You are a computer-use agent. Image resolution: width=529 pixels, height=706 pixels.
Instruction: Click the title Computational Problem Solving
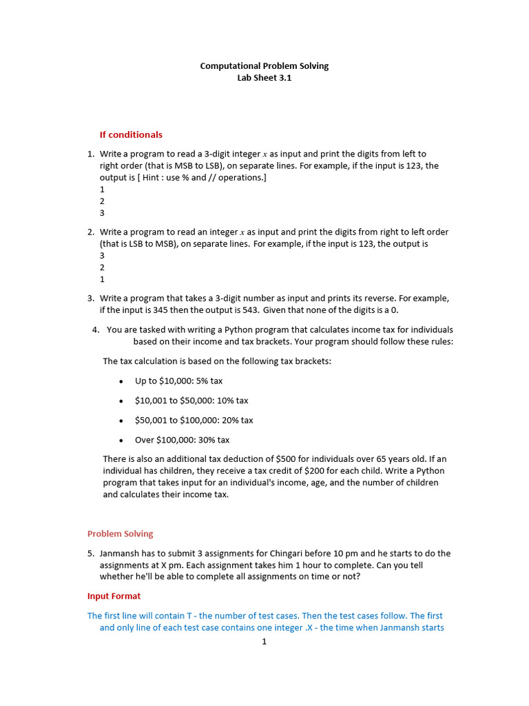pos(264,66)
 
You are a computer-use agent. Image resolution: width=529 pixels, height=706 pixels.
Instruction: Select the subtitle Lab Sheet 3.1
pos(264,78)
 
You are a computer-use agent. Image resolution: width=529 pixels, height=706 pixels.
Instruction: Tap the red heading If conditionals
pos(131,134)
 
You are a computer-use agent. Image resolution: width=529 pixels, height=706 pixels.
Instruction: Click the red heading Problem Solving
pos(120,534)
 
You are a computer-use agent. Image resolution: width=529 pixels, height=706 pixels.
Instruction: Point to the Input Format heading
pos(114,596)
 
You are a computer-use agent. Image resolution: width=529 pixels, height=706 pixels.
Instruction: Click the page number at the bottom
pos(263,642)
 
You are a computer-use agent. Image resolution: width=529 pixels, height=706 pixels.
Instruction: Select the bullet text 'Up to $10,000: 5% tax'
pos(178,381)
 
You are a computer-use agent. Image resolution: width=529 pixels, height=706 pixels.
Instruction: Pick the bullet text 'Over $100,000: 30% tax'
pos(182,440)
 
